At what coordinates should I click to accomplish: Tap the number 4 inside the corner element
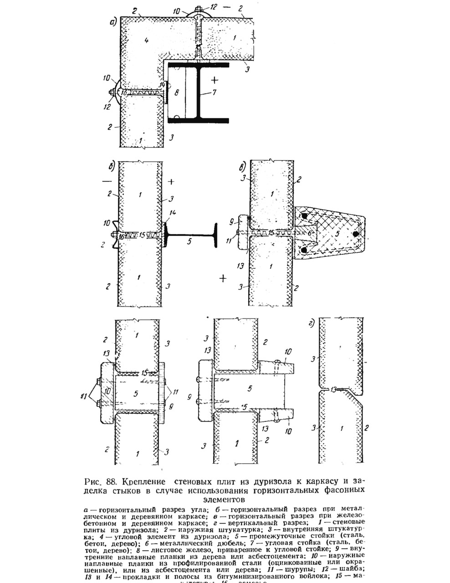coord(147,40)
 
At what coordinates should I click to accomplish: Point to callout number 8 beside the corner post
coord(177,92)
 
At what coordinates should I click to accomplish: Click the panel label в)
coord(244,166)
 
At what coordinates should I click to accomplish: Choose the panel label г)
coord(312,324)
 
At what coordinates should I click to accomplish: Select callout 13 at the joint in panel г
coord(334,389)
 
